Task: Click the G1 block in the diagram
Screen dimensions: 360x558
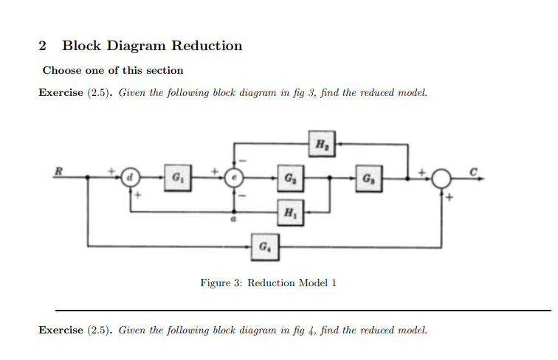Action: pos(176,178)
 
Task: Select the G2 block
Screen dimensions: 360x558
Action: pos(289,178)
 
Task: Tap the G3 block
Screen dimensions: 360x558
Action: pos(369,178)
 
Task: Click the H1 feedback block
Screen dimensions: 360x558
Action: pos(289,212)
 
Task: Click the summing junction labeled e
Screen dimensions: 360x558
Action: pos(235,178)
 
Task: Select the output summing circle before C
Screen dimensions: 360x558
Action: pos(441,178)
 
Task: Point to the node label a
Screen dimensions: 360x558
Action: pos(234,220)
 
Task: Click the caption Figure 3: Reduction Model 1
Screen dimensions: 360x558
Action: pos(268,283)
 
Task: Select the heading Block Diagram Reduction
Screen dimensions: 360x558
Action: pos(152,46)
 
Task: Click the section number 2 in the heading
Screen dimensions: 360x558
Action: pos(43,46)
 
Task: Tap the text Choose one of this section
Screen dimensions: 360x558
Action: pos(113,70)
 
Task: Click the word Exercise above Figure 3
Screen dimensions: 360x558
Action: pos(61,94)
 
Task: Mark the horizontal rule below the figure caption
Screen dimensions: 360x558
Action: pos(303,311)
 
